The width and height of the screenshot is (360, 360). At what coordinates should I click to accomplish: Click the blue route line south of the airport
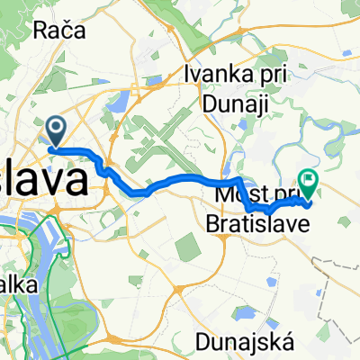[x=171, y=184]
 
